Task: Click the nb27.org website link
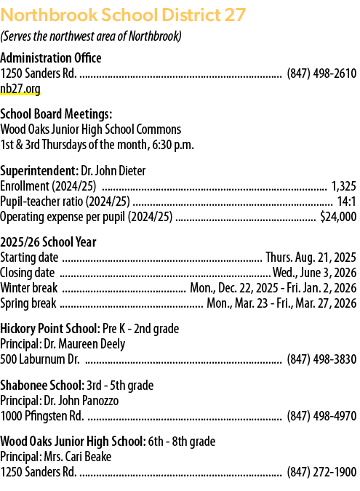point(20,89)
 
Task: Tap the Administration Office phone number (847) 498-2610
point(321,73)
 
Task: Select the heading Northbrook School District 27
point(123,15)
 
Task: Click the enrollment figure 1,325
point(344,186)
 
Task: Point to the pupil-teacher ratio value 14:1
point(346,201)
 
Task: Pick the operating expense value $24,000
point(338,217)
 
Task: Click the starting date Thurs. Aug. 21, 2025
point(311,258)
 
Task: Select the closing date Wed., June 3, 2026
point(314,273)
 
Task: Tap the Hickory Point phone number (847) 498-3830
point(321,359)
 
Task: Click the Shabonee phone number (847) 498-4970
point(321,416)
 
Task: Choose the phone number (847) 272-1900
point(321,472)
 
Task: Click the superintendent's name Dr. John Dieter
point(113,171)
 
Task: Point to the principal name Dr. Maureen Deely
point(84,344)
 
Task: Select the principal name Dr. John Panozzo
point(81,401)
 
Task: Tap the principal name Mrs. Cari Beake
point(78,457)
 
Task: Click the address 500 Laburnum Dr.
point(40,359)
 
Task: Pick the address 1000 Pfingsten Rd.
point(42,416)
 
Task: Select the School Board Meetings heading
point(56,114)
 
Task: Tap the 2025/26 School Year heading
point(48,242)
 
